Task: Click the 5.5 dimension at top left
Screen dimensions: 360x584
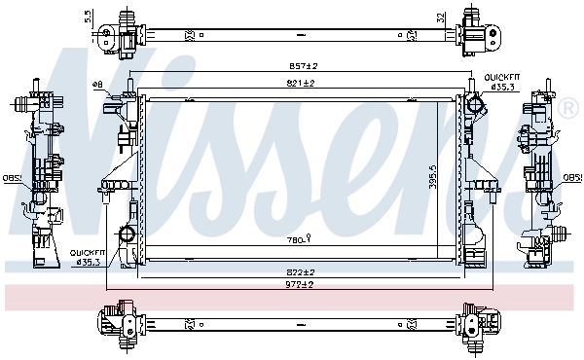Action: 89,16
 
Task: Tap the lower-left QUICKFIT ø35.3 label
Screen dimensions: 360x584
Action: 87,257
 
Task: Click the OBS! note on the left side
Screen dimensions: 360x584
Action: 10,178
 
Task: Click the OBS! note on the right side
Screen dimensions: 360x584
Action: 573,178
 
